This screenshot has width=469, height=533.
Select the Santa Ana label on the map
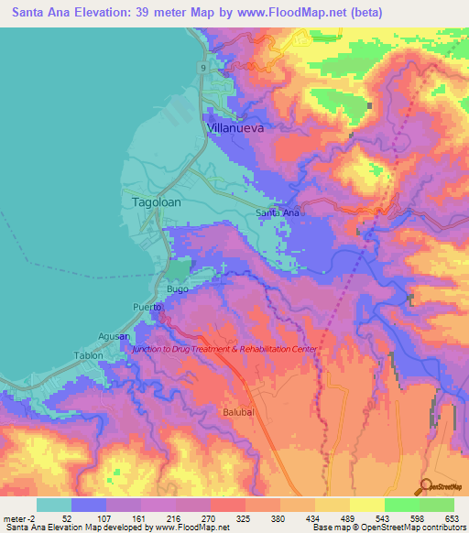[x=278, y=213]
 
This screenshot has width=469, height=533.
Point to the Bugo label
[x=178, y=289]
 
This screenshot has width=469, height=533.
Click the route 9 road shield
[x=201, y=68]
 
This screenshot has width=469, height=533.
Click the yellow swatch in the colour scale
[x=366, y=505]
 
